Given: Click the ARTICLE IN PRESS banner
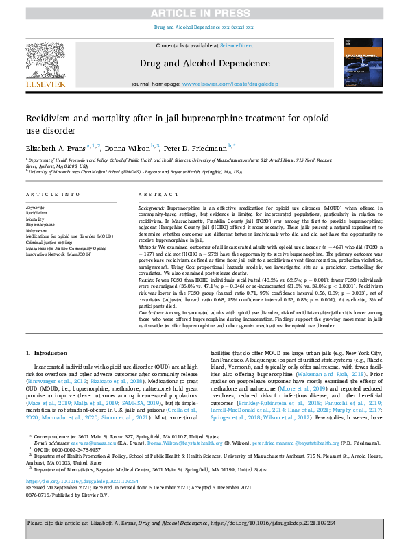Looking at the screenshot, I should (204, 12).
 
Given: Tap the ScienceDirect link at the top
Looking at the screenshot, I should (236, 45).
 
